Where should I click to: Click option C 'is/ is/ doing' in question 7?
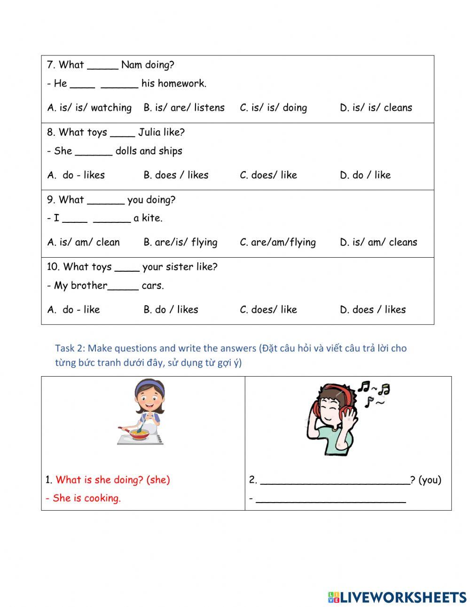point(274,108)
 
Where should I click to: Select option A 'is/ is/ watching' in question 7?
point(89,108)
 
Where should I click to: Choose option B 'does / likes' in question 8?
point(176,175)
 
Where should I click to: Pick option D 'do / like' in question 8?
point(365,175)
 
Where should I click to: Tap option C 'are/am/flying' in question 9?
point(278,242)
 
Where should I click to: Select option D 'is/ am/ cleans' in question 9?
point(378,242)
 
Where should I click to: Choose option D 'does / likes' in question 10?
point(373,309)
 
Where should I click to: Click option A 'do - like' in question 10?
point(74,309)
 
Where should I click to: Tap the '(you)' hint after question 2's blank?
point(430,480)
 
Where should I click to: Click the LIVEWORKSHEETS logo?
point(397,597)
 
